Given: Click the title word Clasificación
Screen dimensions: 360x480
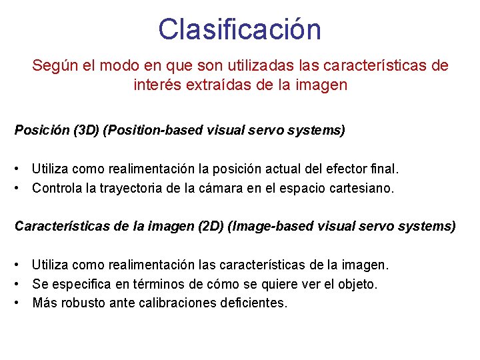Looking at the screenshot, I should pos(240,29).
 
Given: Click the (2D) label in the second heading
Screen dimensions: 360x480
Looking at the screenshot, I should pos(211,226).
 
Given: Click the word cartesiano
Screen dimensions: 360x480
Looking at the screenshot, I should pos(362,188).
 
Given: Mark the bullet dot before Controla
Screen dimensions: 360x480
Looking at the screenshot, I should pos(22,188).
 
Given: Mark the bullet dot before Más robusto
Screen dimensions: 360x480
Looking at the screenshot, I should pos(22,303).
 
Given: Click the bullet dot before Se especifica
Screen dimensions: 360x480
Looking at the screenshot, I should pos(22,284).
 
